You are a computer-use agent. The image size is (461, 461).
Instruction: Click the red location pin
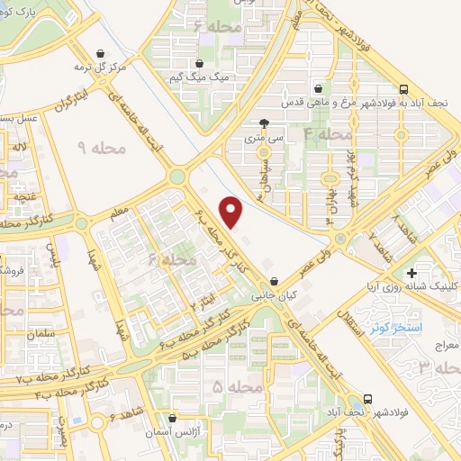[232, 212]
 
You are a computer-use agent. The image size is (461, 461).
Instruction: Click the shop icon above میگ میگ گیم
[202, 63]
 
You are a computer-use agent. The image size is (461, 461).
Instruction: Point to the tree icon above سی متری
[263, 123]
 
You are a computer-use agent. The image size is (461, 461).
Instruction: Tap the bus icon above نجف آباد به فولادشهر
[403, 89]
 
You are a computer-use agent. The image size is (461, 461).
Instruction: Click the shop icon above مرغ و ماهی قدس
[320, 88]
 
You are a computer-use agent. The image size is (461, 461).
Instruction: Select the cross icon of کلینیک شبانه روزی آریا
[411, 272]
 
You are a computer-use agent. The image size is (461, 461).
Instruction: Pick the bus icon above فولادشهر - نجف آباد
[367, 398]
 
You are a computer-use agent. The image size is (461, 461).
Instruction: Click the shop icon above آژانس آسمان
[172, 418]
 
